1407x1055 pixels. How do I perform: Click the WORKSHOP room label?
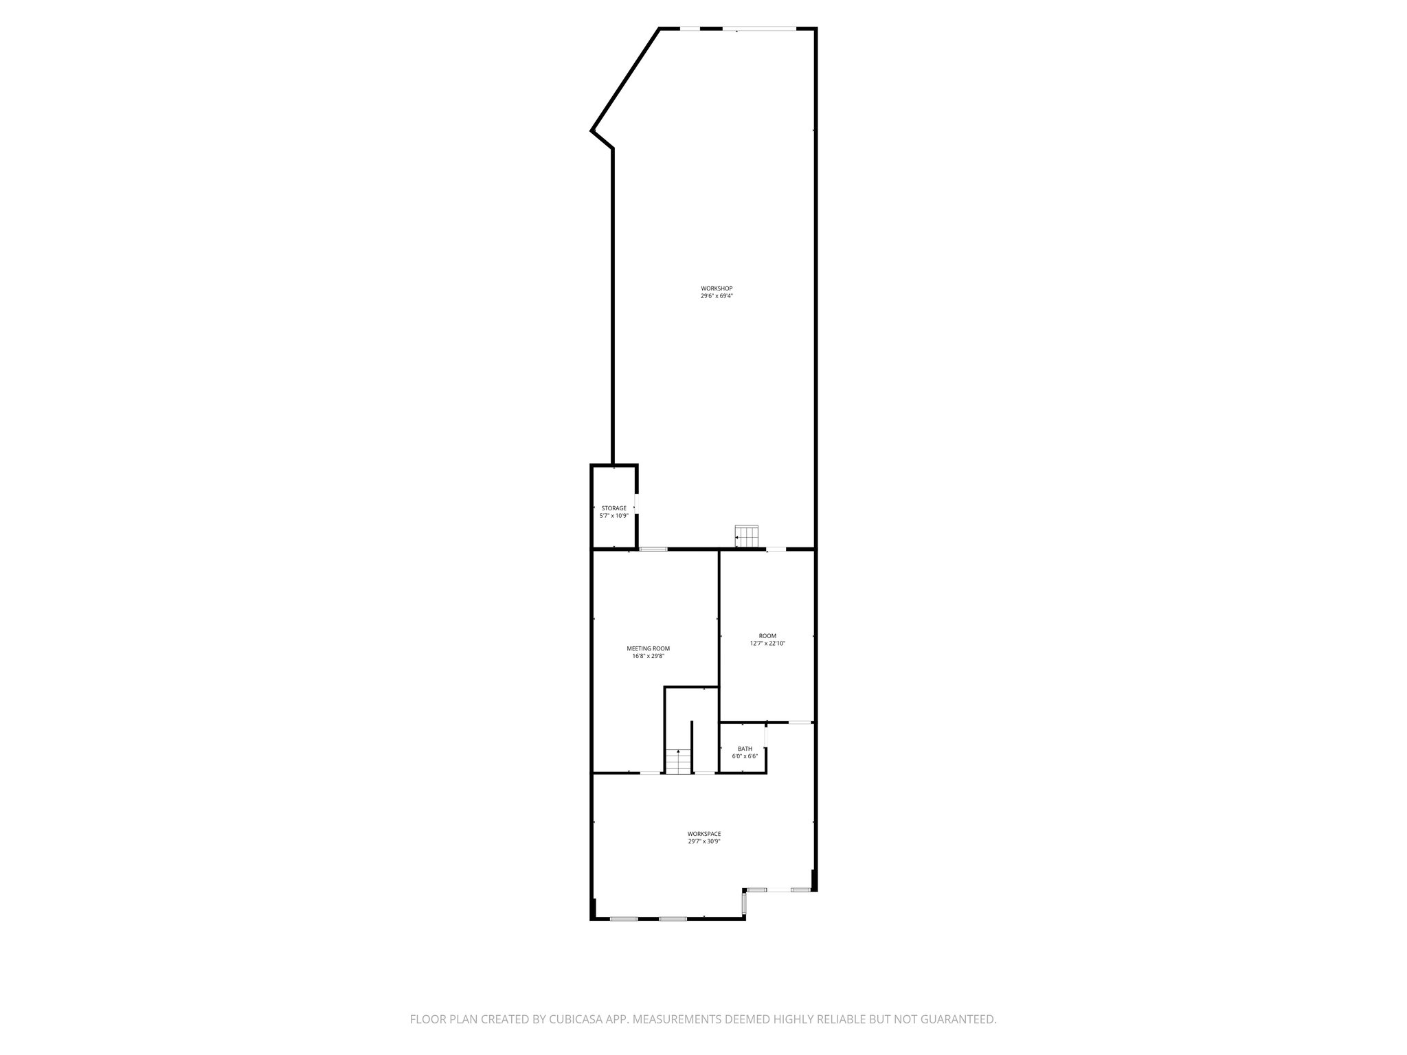(x=712, y=288)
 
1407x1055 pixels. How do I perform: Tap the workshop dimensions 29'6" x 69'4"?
(x=712, y=296)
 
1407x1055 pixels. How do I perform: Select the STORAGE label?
(x=614, y=508)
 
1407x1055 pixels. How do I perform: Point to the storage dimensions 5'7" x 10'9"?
(x=614, y=516)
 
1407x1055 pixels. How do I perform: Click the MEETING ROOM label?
(x=648, y=648)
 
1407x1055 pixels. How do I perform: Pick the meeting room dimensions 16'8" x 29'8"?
(x=648, y=657)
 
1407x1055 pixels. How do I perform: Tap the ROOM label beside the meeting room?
(x=767, y=636)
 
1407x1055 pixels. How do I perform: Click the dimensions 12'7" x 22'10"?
(x=767, y=644)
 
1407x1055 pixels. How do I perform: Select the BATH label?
(x=745, y=749)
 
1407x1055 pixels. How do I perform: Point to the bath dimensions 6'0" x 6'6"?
(x=745, y=756)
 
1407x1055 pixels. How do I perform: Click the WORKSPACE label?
(x=704, y=834)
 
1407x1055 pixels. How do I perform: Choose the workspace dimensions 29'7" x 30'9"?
(x=704, y=841)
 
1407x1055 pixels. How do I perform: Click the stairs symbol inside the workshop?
(x=746, y=536)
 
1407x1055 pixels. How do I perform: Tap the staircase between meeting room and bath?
(x=678, y=762)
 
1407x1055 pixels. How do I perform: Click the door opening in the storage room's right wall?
(x=637, y=503)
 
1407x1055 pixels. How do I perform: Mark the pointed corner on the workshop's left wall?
(x=592, y=130)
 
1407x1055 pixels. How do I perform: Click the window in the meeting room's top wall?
(x=653, y=549)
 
